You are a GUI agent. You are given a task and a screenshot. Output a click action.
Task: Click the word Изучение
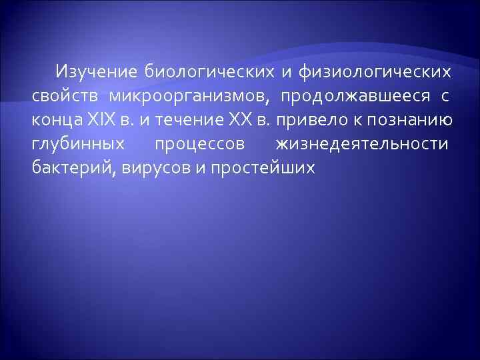(96, 71)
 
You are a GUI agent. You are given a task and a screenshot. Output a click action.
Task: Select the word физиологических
(374, 71)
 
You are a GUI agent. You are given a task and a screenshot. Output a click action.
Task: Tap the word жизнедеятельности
(361, 144)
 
